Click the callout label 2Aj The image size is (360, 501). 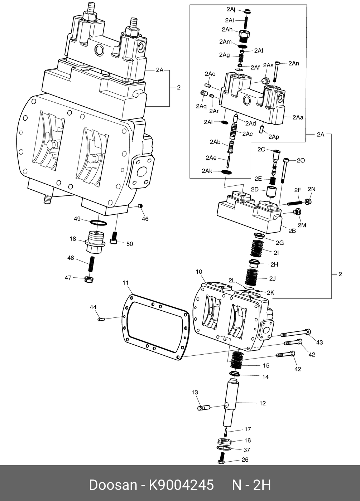click(231, 9)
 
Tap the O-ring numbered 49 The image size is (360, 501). click(99, 223)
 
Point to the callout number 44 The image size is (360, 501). click(93, 307)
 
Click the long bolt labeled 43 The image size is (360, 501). click(296, 333)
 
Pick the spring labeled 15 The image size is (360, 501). click(237, 360)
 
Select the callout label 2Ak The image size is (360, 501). click(207, 171)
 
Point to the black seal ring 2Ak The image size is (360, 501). click(226, 172)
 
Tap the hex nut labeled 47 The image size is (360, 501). click(89, 279)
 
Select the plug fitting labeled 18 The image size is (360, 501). click(95, 243)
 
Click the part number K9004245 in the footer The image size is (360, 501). click(182, 485)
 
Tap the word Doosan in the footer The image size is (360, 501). click(113, 485)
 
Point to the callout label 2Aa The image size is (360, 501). click(298, 117)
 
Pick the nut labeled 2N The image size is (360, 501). click(308, 202)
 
